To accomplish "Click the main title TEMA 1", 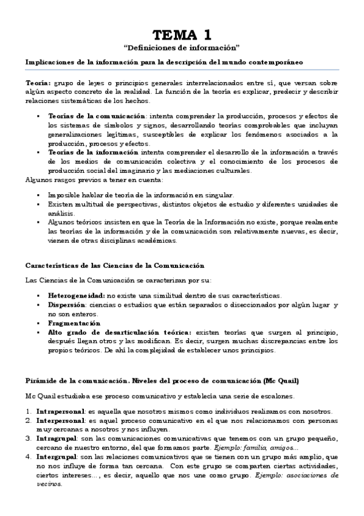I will point(182,34).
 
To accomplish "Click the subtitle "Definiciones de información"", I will point(182,47).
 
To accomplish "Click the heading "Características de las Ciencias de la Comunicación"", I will point(115,266).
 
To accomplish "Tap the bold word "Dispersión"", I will point(66,304).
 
